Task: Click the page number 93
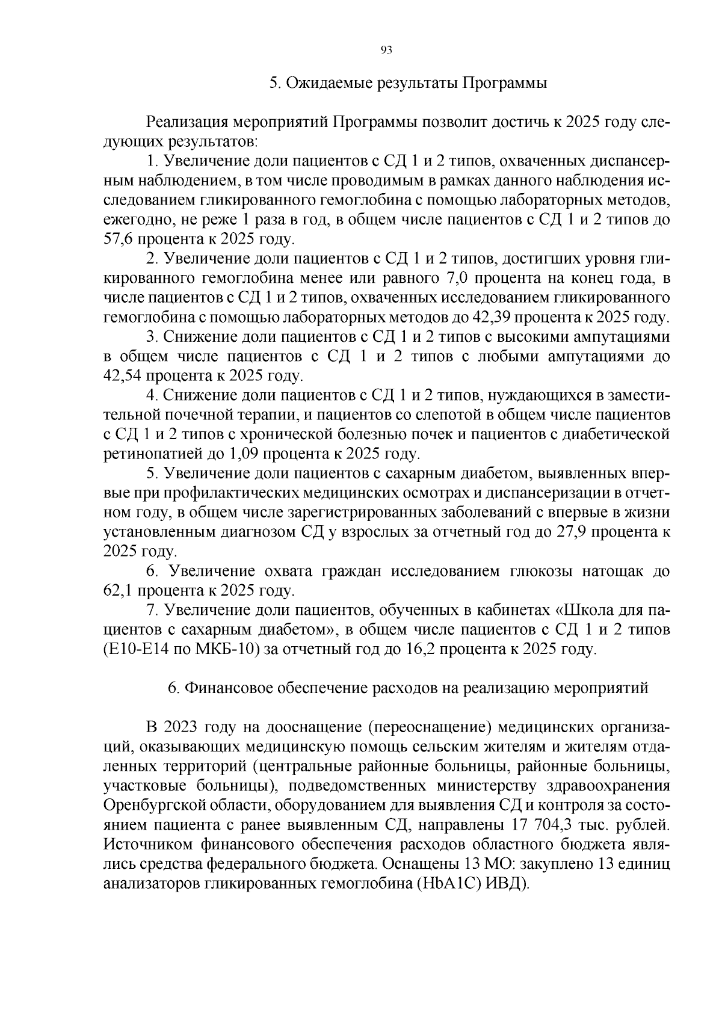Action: point(386,51)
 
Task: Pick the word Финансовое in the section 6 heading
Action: point(227,688)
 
